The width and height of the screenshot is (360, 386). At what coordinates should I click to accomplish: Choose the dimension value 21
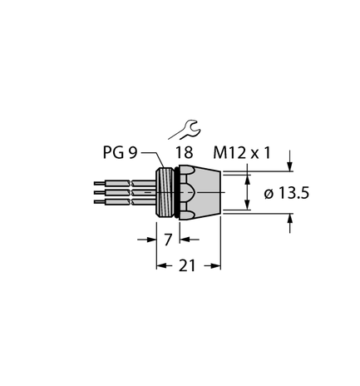coord(188,266)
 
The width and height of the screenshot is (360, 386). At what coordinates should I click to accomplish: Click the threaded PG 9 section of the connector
coord(165,192)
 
